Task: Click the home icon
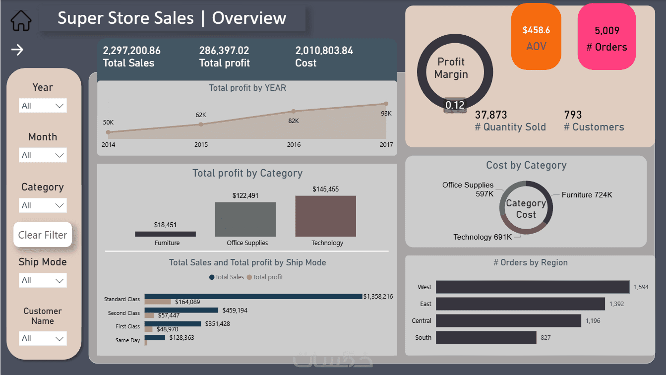coord(21,20)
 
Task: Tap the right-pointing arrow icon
coord(17,50)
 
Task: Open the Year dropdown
coord(43,106)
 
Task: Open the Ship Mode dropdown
coord(43,280)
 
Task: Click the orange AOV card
coord(536,37)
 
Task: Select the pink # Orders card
coord(606,37)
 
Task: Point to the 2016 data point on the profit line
coord(294,111)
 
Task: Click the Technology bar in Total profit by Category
coord(325,216)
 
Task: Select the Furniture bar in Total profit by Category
coord(165,234)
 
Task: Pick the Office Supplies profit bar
coord(245,219)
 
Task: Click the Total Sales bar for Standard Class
coord(253,297)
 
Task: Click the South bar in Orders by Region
coord(486,338)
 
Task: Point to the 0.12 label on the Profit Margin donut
coord(455,105)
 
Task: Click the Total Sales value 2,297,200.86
coord(132,51)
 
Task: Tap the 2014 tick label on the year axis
coord(108,145)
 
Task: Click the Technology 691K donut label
coord(483,237)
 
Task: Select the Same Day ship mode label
coord(128,340)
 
